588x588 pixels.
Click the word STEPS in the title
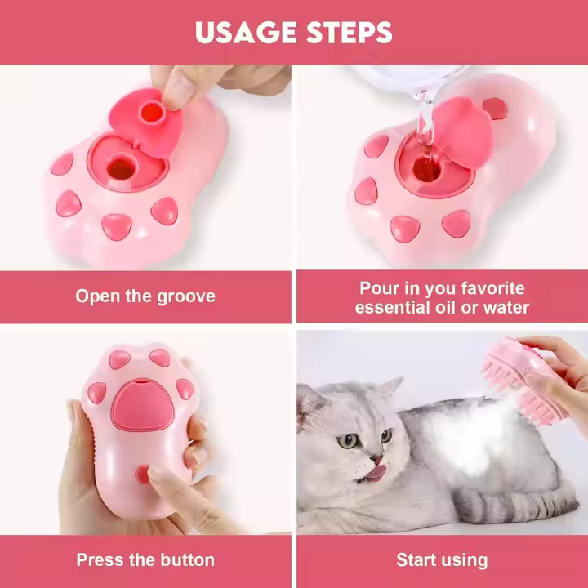pyautogui.click(x=350, y=32)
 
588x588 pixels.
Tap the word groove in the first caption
pyautogui.click(x=186, y=296)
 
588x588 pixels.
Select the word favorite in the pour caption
pyautogui.click(x=492, y=288)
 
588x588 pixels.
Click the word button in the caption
pyautogui.click(x=188, y=560)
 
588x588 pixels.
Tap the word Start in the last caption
pyautogui.click(x=416, y=560)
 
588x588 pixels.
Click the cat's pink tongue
pyautogui.click(x=376, y=473)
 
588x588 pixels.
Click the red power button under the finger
pyautogui.click(x=143, y=474)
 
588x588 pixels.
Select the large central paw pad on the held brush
pyautogui.click(x=142, y=405)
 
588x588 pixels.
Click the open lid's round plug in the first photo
pyautogui.click(x=151, y=112)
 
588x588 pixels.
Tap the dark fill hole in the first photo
pyautogui.click(x=121, y=169)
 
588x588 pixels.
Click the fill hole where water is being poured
pyautogui.click(x=427, y=170)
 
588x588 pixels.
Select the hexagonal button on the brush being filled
pyautogui.click(x=495, y=109)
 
